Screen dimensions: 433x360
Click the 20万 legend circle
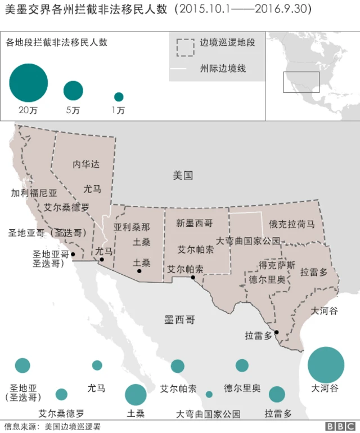pyautogui.click(x=28, y=83)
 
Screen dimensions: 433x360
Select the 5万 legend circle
pyautogui.click(x=73, y=91)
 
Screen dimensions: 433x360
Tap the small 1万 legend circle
pyautogui.click(x=119, y=96)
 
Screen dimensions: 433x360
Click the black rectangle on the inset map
pyautogui.click(x=301, y=82)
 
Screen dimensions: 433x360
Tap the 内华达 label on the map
pyautogui.click(x=86, y=164)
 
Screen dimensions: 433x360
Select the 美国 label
pyautogui.click(x=183, y=176)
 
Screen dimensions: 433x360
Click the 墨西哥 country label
pyautogui.click(x=179, y=320)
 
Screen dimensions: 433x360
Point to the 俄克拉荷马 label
pyautogui.click(x=291, y=224)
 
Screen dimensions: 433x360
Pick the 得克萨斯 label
pyautogui.click(x=277, y=265)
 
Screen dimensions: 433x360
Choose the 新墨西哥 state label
pyautogui.click(x=195, y=224)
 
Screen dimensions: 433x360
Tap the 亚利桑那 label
pyautogui.click(x=132, y=227)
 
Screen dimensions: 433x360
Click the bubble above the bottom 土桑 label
pyautogui.click(x=136, y=395)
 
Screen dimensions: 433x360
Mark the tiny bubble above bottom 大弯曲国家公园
pyautogui.click(x=209, y=394)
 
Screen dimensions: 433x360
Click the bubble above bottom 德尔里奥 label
pyautogui.click(x=242, y=365)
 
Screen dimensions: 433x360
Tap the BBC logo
pyautogui.click(x=339, y=427)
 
